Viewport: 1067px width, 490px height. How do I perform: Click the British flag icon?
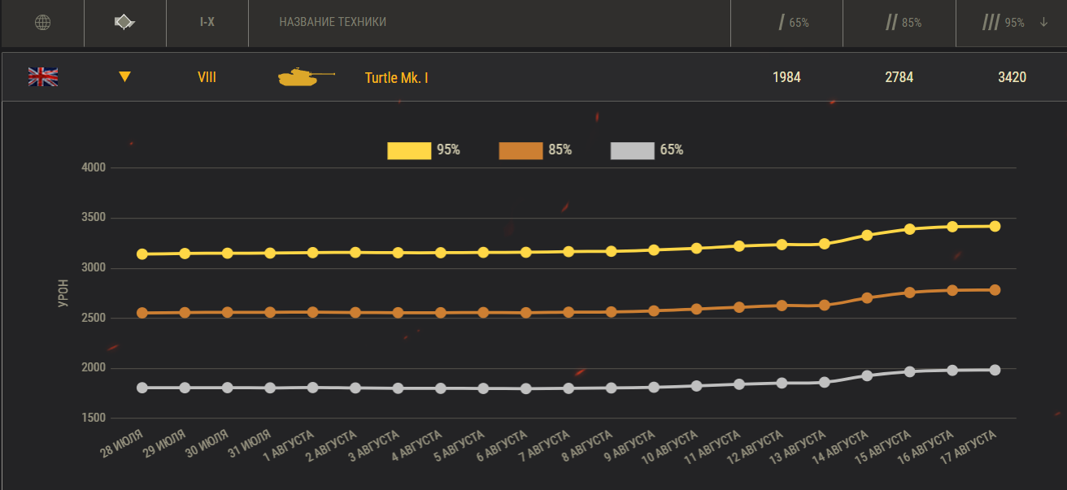coord(43,77)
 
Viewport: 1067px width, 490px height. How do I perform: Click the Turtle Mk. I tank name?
coord(396,78)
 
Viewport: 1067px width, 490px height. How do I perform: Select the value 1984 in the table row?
coord(786,78)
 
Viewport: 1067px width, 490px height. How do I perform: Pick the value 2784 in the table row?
coord(899,78)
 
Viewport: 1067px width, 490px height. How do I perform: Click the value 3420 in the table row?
coord(1012,78)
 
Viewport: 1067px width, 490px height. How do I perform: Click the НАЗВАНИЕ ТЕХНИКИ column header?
coord(333,23)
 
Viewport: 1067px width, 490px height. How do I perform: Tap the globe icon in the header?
coord(42,23)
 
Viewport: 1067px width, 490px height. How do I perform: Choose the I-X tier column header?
coord(207,23)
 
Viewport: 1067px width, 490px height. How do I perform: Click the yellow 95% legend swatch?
coord(409,150)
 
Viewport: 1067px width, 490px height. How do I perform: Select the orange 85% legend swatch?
coord(520,150)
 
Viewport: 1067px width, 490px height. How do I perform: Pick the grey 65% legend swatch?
coord(632,150)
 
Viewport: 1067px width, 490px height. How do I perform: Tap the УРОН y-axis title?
coord(64,293)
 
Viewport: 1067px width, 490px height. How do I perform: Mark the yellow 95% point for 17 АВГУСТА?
coord(995,226)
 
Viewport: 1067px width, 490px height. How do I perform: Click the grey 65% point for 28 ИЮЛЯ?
coord(142,388)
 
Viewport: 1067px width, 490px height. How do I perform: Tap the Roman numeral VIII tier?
coord(207,78)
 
